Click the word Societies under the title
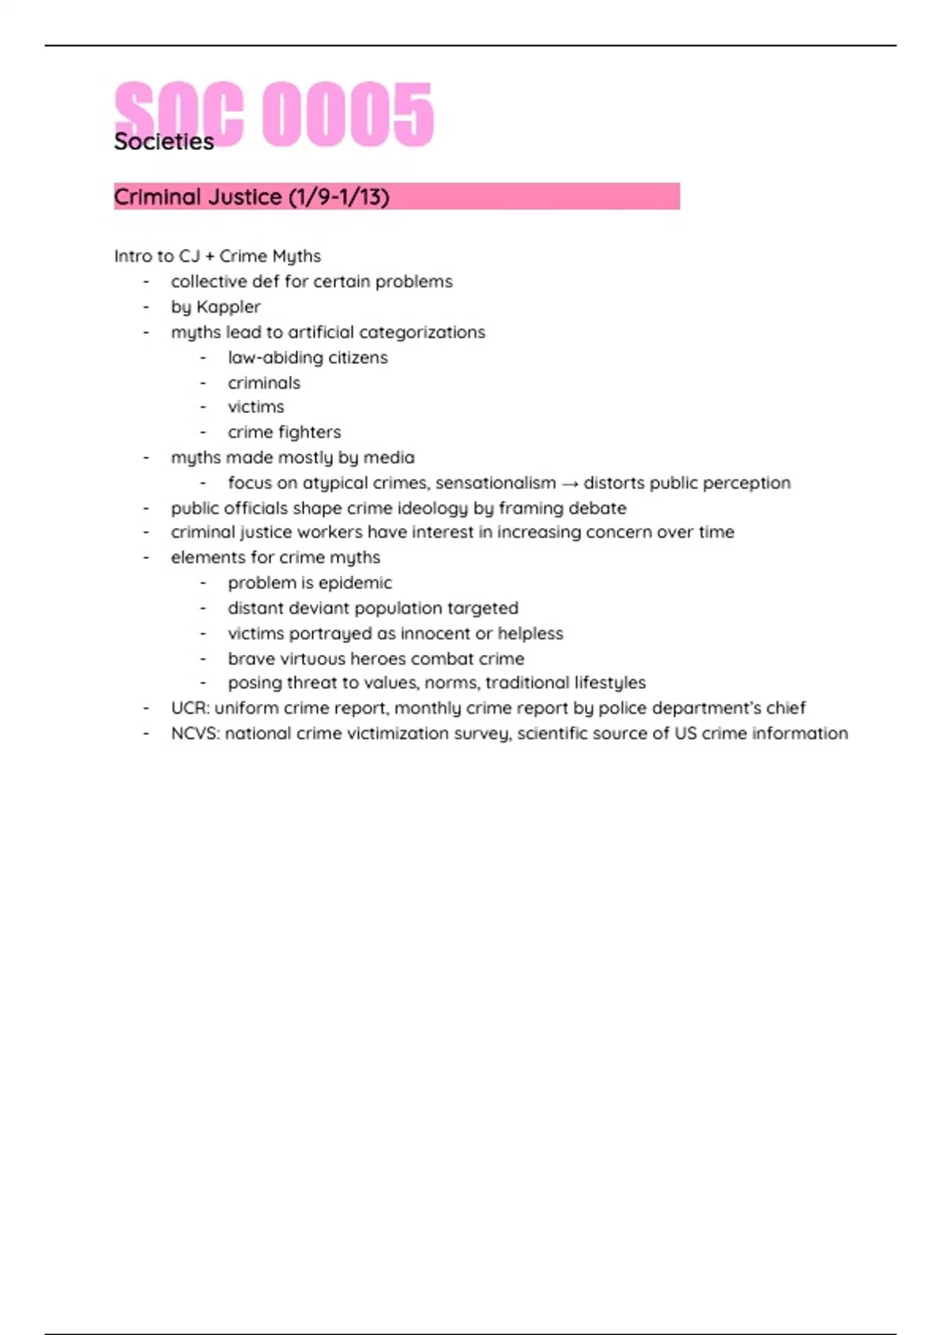pyautogui.click(x=163, y=142)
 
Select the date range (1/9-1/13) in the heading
pyautogui.click(x=338, y=197)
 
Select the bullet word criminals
pyautogui.click(x=264, y=383)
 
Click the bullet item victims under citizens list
pyautogui.click(x=256, y=407)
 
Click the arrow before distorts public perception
pyautogui.click(x=569, y=484)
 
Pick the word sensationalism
pyautogui.click(x=495, y=483)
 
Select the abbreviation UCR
pyautogui.click(x=189, y=708)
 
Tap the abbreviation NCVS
pyautogui.click(x=195, y=733)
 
